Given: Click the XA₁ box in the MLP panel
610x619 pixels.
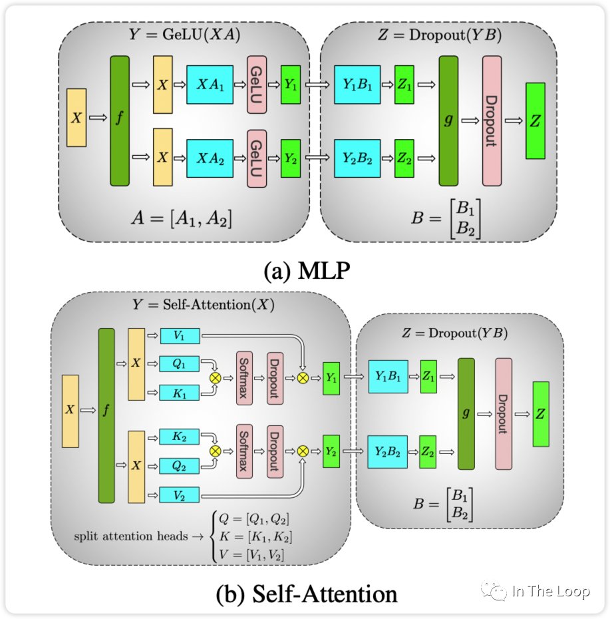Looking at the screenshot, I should click(x=210, y=85).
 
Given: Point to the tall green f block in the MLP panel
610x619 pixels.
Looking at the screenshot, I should click(x=119, y=120).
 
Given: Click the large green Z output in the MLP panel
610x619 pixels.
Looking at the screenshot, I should click(x=535, y=120).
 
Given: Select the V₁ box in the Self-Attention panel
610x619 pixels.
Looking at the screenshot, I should click(x=180, y=336).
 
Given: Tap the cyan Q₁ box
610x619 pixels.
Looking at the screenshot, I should click(x=180, y=364).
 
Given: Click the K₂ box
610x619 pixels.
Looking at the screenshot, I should click(x=180, y=437).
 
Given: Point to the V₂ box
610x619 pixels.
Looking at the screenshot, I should click(x=180, y=495).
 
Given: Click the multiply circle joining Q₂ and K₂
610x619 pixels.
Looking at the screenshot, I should click(x=215, y=451).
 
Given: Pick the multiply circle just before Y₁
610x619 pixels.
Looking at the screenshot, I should click(x=303, y=378).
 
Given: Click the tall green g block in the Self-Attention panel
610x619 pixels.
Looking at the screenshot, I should click(x=466, y=413).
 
